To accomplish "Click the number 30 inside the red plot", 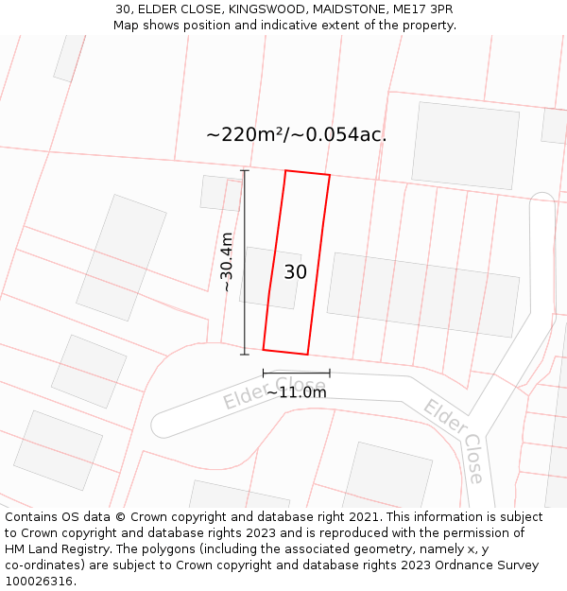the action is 295,272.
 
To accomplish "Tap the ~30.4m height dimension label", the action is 227,262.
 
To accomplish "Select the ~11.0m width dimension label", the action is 296,392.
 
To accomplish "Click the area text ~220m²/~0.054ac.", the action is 296,134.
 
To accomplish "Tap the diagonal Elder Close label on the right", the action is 455,440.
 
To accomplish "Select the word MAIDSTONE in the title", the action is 343,9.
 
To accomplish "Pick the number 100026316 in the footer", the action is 40,582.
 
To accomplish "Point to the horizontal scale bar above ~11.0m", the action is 296,374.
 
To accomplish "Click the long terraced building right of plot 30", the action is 423,294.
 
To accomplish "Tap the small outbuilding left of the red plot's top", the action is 220,193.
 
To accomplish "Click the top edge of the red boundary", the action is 307,173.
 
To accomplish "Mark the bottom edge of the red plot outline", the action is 285,352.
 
